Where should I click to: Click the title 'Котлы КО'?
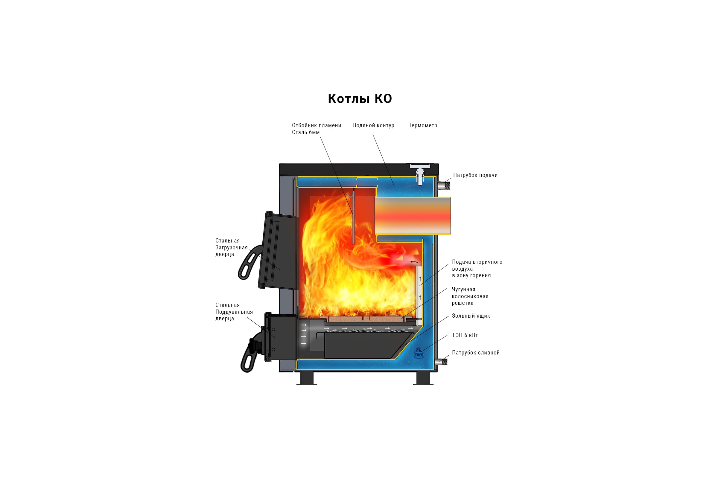coord(360,99)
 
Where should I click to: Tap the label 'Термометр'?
coord(423,125)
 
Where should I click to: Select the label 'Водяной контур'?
coord(374,125)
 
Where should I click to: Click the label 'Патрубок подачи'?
coord(475,175)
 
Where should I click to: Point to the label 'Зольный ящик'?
coord(471,316)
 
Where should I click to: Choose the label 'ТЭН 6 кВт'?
coord(465,335)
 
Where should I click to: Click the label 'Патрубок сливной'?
coord(476,353)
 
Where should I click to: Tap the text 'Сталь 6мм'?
coord(306,132)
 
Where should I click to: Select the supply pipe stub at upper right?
coord(444,185)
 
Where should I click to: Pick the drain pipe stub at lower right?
coord(441,362)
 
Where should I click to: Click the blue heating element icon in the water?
coord(418,353)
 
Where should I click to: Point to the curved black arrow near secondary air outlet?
coord(414,262)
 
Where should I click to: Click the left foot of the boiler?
coord(306,378)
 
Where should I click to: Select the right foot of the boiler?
coord(423,378)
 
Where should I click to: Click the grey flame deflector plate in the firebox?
coord(353,217)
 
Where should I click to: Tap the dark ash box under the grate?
coord(368,345)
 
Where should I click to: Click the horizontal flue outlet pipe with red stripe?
coord(413,216)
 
